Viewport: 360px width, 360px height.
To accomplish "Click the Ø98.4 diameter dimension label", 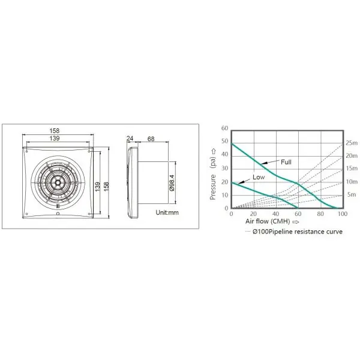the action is point(172,183).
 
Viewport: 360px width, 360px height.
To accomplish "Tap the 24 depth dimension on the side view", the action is point(130,139).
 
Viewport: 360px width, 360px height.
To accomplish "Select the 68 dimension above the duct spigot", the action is point(151,139).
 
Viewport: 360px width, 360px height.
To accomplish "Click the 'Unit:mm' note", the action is point(167,212).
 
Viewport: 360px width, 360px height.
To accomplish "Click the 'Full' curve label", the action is point(286,162).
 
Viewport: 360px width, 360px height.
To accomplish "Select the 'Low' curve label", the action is point(259,177).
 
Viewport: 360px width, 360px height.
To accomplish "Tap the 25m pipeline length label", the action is point(352,143).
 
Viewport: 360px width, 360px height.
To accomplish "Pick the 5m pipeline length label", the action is point(352,194).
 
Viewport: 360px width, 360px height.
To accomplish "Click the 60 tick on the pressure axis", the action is point(225,128).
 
